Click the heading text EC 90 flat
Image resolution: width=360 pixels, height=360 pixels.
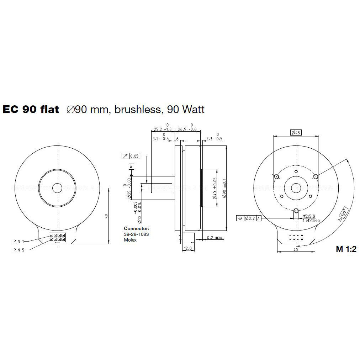[31, 109]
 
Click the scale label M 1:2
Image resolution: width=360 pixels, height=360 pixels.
[346, 249]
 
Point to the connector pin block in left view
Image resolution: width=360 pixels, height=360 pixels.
[57, 238]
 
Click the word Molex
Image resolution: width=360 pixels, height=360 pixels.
[130, 240]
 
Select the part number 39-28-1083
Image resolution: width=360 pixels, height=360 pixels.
[136, 234]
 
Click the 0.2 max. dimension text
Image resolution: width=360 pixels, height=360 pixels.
[215, 238]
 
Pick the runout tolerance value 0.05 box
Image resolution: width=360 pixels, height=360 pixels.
[134, 156]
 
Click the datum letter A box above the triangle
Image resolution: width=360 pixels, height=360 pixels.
[132, 166]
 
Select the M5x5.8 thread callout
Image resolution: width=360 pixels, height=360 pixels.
[309, 216]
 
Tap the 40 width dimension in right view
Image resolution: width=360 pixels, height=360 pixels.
[296, 249]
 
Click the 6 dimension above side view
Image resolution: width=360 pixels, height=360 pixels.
[177, 139]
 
